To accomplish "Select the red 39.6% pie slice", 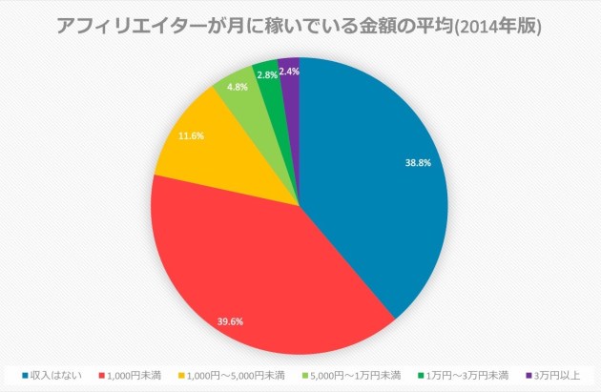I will pos(248,267).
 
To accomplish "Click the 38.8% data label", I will pos(418,163).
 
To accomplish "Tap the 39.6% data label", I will pos(230,321).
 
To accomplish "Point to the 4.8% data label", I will pos(238,86).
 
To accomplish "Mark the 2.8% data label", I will pos(267,74).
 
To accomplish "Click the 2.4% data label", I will pos(290,71).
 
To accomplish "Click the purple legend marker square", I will pos(528,374).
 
